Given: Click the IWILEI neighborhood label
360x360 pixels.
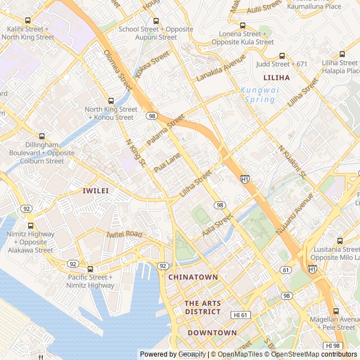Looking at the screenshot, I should [95, 191].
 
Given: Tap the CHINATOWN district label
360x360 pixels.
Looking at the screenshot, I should [193, 277].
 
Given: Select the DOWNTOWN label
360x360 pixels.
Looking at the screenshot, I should [212, 332].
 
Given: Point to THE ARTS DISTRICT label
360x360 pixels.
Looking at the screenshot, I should [202, 308].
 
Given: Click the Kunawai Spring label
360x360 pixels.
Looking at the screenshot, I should [258, 94].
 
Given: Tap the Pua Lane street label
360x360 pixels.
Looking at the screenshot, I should [167, 162].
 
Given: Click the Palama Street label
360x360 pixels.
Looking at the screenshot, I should [165, 130].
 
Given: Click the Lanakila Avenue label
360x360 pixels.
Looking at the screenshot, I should [221, 68].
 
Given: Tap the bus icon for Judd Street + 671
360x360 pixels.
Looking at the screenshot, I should [282, 56].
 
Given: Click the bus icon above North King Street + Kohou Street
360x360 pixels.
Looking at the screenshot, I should [111, 101].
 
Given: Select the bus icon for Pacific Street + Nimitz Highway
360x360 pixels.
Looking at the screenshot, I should [91, 269].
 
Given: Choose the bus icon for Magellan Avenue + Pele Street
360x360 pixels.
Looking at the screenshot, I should [336, 311].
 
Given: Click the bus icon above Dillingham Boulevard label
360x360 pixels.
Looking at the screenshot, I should [42, 136].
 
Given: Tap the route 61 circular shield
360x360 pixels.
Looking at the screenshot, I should [286, 270].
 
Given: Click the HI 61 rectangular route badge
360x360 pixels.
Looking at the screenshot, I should [240, 315].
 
